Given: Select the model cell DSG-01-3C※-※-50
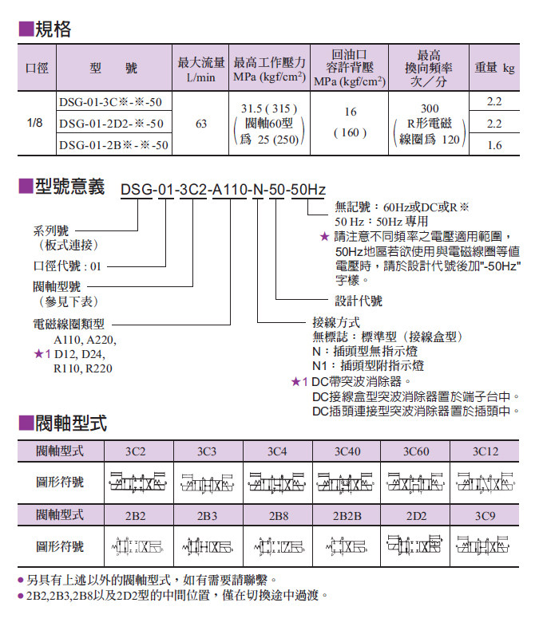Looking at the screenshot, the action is [110, 102].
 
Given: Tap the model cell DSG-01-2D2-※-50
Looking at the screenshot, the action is [110, 124].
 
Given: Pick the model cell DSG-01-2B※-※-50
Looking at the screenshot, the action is [113, 145].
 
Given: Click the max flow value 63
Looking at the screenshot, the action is [200, 124].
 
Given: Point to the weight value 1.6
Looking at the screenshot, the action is [494, 145].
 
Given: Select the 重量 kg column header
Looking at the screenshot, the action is [494, 69].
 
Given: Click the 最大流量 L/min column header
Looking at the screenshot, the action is [200, 69].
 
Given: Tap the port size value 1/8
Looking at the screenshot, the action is [35, 124].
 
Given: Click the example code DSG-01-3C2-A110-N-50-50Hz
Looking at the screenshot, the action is [223, 189].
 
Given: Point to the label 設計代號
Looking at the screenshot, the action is [359, 301].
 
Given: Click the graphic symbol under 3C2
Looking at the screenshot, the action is [135, 482].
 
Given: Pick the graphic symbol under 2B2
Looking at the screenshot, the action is [135, 547].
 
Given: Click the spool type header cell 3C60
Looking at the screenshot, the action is [415, 451].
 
